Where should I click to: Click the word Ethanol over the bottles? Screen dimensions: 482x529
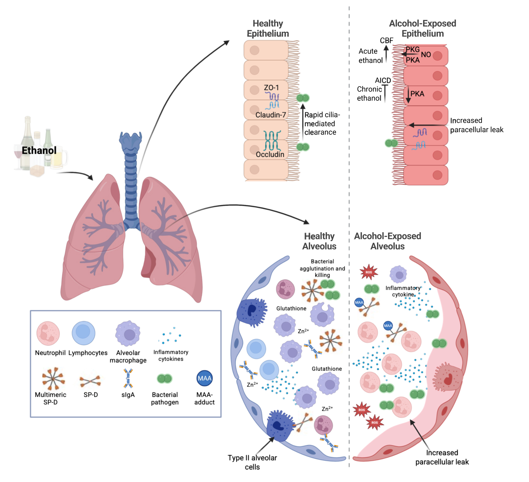pos(39,150)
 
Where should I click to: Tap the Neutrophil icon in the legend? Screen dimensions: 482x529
pos(48,334)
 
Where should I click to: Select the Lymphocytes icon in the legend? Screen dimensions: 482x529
pos(83,333)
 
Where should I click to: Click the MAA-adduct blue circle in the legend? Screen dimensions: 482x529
pos(204,378)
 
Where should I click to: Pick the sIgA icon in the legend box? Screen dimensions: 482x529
pos(128,378)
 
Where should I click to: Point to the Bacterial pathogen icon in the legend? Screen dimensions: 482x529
pos(164,379)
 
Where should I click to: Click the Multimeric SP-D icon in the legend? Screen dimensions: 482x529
pos(53,378)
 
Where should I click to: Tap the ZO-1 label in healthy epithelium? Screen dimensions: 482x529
pos(271,88)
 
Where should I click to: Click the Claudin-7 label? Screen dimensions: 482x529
pos(271,115)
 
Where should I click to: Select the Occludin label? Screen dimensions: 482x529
pos(270,154)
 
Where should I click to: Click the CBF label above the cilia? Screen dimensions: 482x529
pos(387,40)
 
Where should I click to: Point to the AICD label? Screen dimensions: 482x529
pos(383,80)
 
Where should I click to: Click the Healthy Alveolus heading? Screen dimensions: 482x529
pos(319,241)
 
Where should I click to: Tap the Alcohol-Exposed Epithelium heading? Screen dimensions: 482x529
pos(422,28)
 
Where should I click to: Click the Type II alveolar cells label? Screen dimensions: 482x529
pos(252,462)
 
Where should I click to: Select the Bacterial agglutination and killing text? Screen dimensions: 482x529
pos(322,268)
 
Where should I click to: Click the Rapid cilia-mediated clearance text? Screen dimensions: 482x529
pos(322,123)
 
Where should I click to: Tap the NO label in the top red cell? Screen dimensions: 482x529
pos(426,55)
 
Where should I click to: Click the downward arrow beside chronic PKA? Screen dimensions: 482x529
pos(408,95)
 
